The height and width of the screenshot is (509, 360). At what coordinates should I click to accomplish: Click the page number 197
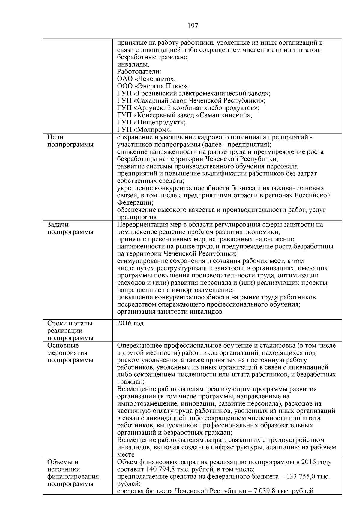(193, 26)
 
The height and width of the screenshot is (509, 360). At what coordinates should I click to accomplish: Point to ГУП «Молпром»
(144, 130)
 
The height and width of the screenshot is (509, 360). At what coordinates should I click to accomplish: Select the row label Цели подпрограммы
(70, 141)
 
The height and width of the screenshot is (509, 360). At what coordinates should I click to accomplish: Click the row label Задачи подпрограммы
(70, 228)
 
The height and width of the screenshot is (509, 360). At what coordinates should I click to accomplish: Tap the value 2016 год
(130, 324)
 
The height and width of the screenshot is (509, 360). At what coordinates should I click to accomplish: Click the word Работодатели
(139, 72)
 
